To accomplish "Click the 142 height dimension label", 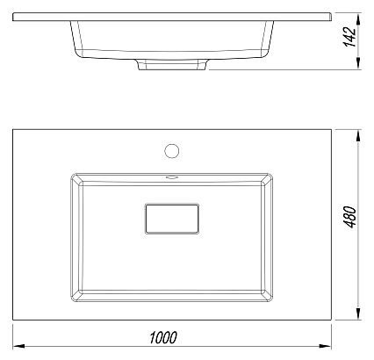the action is click(x=349, y=36).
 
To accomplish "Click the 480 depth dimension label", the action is click(x=349, y=217).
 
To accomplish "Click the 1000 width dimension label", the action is click(x=163, y=337).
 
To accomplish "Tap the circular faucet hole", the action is click(x=172, y=151).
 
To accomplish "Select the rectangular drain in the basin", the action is click(x=172, y=219).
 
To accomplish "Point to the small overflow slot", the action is click(x=172, y=177).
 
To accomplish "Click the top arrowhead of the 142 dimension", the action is click(x=358, y=19).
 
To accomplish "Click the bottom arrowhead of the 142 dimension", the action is click(x=358, y=63).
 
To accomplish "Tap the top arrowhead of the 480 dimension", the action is click(x=358, y=136).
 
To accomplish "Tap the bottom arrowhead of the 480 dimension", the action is click(x=358, y=313).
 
